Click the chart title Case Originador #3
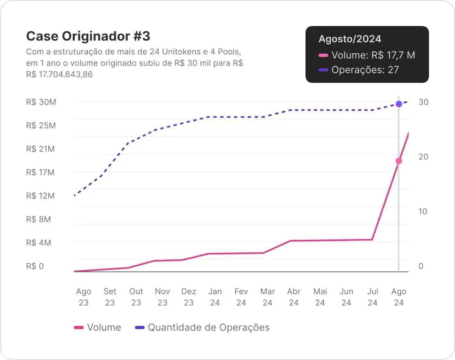pyautogui.click(x=88, y=36)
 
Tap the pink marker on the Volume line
pyautogui.click(x=399, y=161)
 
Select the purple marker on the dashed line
pyautogui.click(x=399, y=104)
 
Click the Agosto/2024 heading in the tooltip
pyautogui.click(x=350, y=39)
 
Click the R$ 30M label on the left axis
pyautogui.click(x=41, y=102)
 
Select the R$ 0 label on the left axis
pyautogui.click(x=35, y=266)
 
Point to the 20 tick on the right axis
pyautogui.click(x=423, y=157)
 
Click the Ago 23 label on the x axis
pyautogui.click(x=84, y=297)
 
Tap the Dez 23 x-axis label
pyautogui.click(x=188, y=297)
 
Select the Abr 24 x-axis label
pyautogui.click(x=294, y=297)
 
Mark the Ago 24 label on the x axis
pyautogui.click(x=399, y=297)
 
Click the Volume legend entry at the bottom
pyautogui.click(x=104, y=327)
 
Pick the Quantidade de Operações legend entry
pyautogui.click(x=208, y=327)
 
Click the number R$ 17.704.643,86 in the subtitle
pyautogui.click(x=59, y=74)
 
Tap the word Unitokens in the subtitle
pyautogui.click(x=180, y=52)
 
